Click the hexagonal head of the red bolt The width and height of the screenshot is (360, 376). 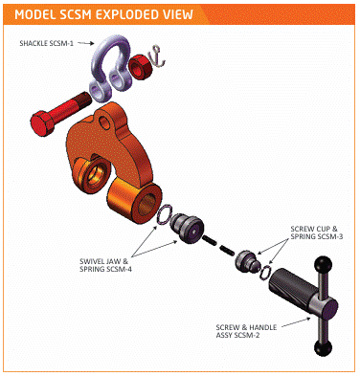tap(40, 123)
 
